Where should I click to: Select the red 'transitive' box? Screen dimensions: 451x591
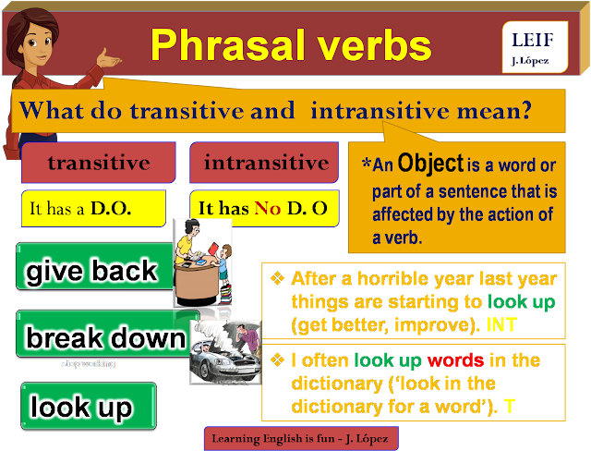[x=98, y=164]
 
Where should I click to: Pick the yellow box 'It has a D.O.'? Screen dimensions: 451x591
[x=92, y=209]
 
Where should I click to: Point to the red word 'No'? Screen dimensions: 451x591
[x=267, y=209]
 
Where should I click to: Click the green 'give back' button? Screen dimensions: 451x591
[x=92, y=272]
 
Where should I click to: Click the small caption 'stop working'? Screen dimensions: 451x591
[x=89, y=364]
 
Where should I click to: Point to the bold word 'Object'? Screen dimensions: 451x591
[x=431, y=164]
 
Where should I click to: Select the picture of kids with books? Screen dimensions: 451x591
[x=203, y=263]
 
